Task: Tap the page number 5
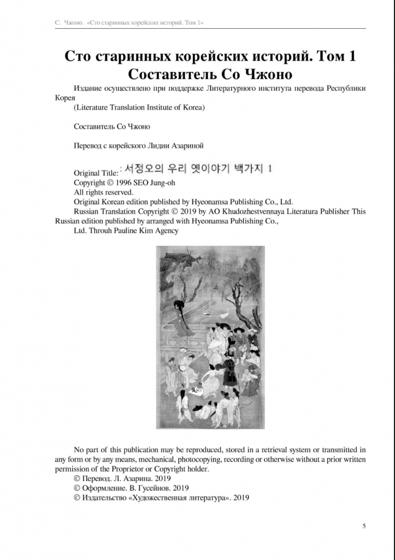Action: pyautogui.click(x=364, y=525)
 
